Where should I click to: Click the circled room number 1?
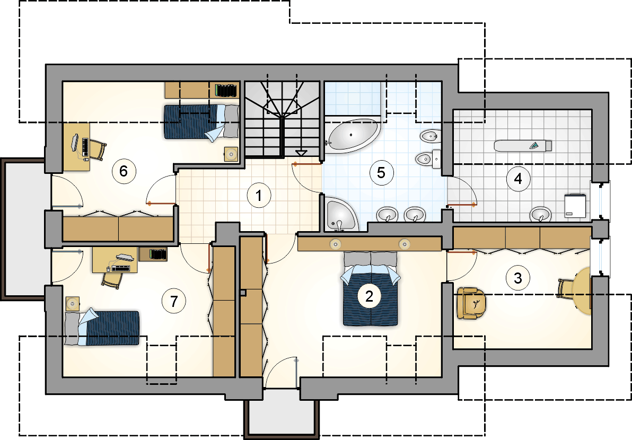[259, 196]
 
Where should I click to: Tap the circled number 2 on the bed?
[369, 296]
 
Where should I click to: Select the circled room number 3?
[518, 278]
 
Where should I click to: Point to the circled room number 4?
[518, 178]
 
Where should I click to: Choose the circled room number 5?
[381, 173]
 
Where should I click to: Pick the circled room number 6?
[124, 171]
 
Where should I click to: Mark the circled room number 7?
[174, 301]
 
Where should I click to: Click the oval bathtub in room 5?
[353, 136]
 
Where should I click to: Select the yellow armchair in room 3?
[471, 303]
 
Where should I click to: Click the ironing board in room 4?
[523, 145]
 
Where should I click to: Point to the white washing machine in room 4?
[575, 206]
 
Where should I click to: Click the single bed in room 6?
[201, 122]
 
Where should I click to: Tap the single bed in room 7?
[102, 328]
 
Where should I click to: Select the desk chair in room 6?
[97, 149]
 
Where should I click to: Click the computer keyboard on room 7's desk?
[121, 268]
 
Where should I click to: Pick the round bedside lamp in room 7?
[73, 303]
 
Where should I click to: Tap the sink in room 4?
[541, 214]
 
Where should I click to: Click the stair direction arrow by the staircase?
[301, 153]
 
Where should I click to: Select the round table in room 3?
[582, 291]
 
